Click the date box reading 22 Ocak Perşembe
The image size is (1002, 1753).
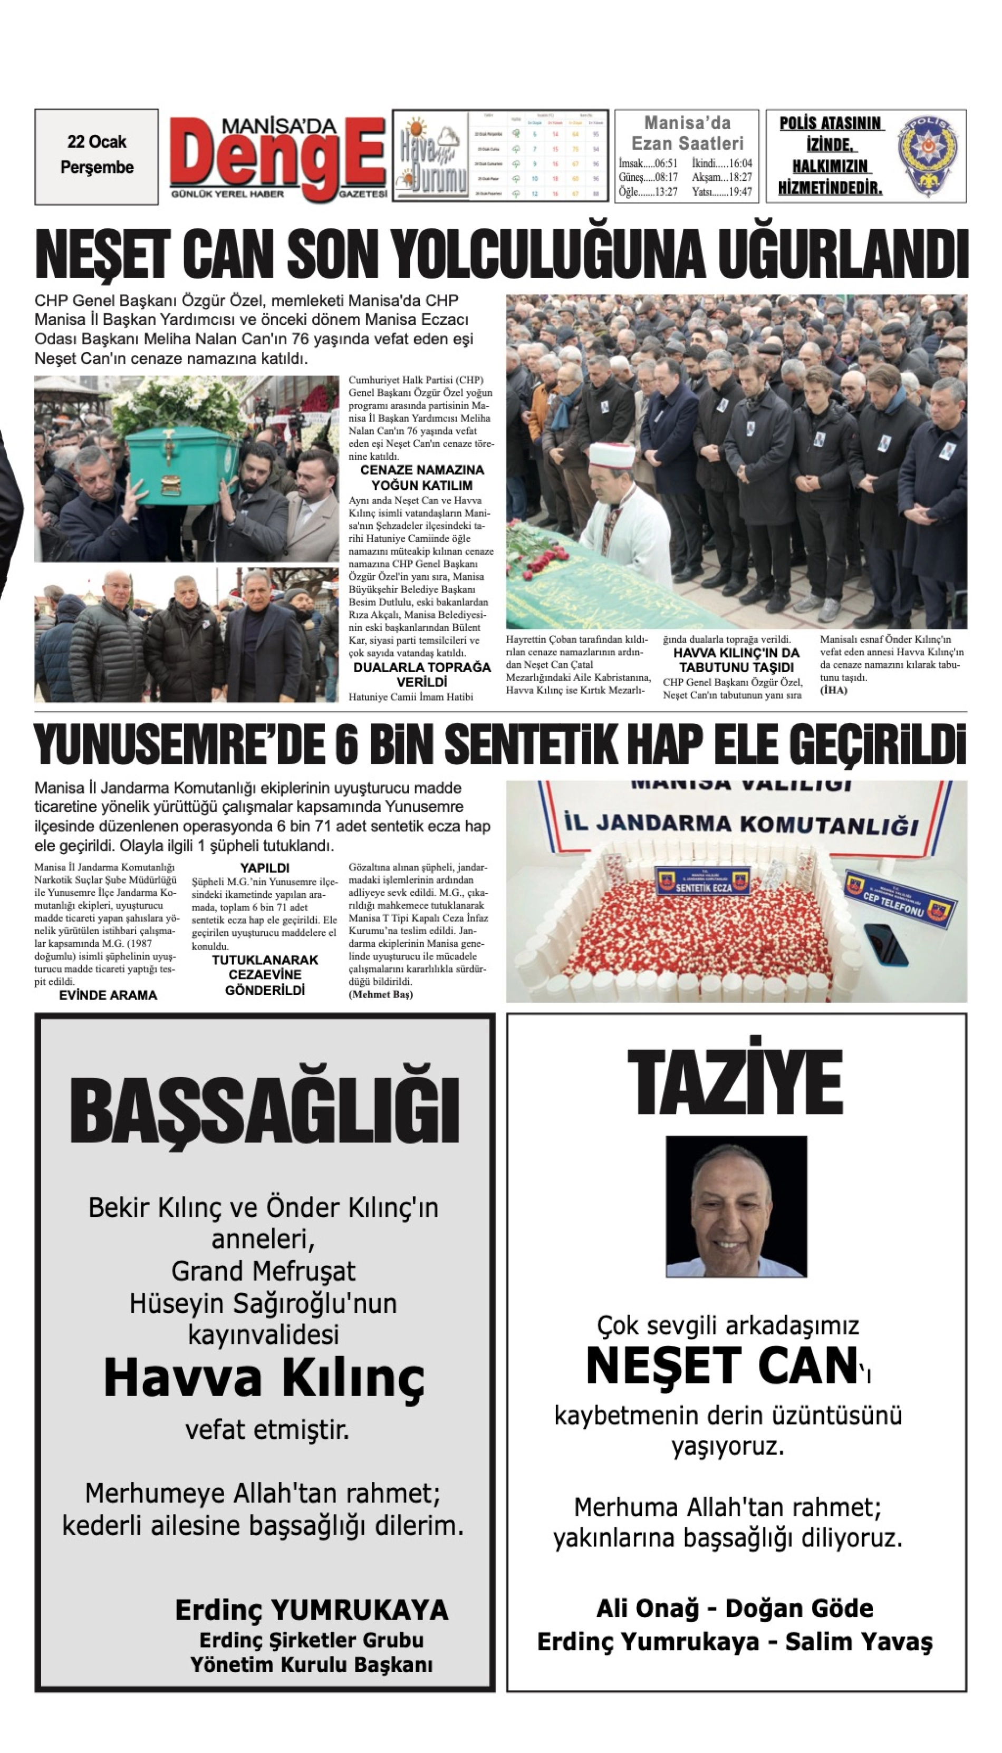[x=97, y=156]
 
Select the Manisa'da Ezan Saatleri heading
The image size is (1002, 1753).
[x=687, y=133]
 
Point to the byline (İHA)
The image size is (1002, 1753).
[x=833, y=690]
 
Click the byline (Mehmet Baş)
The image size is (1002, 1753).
[x=381, y=994]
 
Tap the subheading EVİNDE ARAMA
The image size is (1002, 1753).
[x=108, y=995]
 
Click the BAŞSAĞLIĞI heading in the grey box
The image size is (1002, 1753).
[x=264, y=1111]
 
